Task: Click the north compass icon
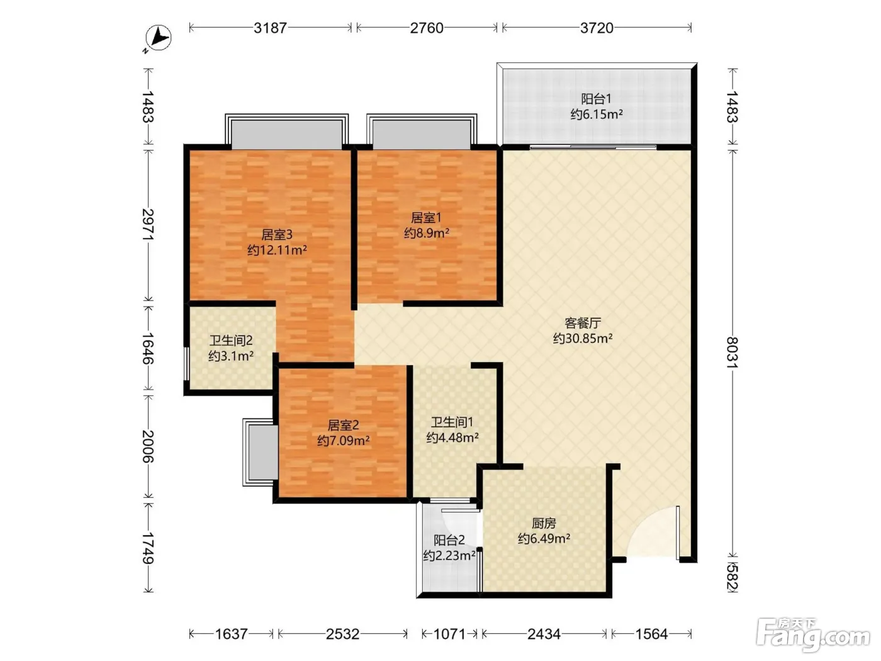click(x=159, y=38)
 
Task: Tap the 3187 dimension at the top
click(x=270, y=28)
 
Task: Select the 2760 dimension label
click(x=426, y=28)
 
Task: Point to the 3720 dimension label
click(x=597, y=28)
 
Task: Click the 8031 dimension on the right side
click(x=732, y=352)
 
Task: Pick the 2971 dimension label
click(x=148, y=224)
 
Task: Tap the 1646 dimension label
click(x=148, y=348)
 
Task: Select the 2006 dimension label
click(x=148, y=446)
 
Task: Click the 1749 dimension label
click(x=148, y=548)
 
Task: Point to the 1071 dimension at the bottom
click(x=449, y=634)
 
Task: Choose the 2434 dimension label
click(x=544, y=634)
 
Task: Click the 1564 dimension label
click(x=651, y=634)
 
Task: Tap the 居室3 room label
click(x=277, y=234)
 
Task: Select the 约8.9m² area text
click(x=426, y=233)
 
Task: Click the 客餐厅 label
click(x=583, y=323)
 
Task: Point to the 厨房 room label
click(x=544, y=523)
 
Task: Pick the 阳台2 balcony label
click(x=449, y=540)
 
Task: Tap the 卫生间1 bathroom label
click(x=452, y=422)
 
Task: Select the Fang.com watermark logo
click(x=813, y=635)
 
